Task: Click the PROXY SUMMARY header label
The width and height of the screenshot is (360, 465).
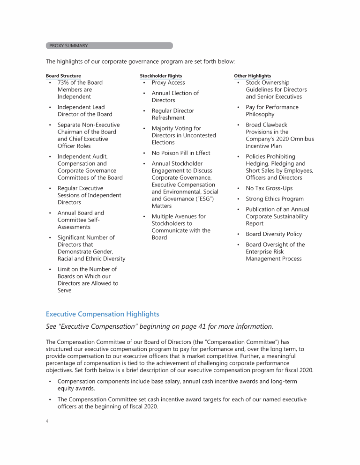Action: coord(68,46)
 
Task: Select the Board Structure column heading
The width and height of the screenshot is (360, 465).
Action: coord(63,76)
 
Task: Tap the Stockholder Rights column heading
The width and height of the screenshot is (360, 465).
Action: coord(161,76)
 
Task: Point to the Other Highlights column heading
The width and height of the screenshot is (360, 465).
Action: coord(252,76)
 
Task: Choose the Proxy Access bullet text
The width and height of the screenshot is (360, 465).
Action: coord(168,82)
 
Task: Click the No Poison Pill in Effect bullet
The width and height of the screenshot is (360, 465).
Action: coord(181,153)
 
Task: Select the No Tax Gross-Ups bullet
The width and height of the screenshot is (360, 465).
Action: coord(269,188)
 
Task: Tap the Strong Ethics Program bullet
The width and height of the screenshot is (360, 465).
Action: coord(275,199)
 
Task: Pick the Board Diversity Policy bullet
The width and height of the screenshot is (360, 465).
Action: coord(274,234)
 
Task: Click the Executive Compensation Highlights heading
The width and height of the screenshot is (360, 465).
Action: coord(102,314)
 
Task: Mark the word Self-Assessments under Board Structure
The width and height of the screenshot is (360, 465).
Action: coord(74,223)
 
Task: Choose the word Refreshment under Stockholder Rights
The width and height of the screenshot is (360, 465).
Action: coord(168,118)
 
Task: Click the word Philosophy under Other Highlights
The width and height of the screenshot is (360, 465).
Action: coord(260,114)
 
